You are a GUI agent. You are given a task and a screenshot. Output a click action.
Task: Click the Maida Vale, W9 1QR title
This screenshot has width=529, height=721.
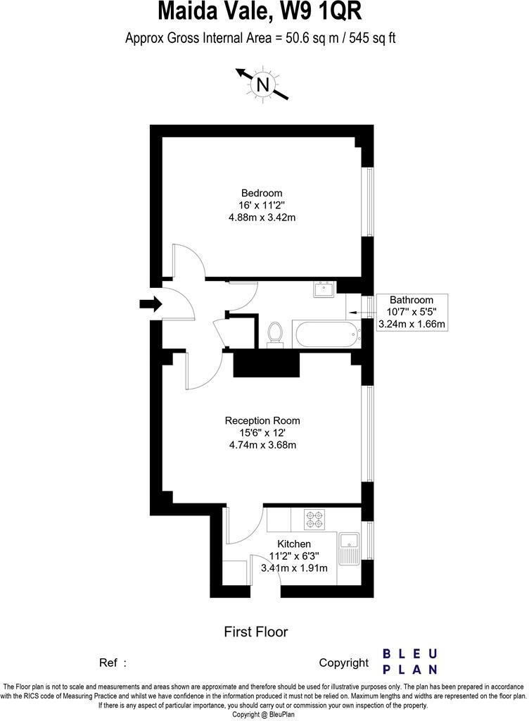coord(261,12)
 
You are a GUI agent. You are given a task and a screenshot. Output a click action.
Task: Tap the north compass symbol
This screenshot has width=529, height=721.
coord(263,84)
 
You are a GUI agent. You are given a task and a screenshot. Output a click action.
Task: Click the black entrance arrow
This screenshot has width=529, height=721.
coord(150,304)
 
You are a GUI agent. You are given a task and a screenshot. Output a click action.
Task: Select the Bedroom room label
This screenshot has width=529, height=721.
coord(262,193)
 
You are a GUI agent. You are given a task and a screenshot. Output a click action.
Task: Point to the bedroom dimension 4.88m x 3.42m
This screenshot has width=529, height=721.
coord(262,217)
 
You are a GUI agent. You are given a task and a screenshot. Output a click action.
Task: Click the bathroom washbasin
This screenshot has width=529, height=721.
coord(324,289)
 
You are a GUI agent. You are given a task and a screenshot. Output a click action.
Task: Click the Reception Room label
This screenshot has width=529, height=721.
coord(261,420)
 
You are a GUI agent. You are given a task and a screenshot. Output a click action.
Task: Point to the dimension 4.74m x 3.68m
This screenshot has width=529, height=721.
coord(261,444)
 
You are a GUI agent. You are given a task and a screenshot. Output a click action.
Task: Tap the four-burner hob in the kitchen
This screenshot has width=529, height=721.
coord(314,520)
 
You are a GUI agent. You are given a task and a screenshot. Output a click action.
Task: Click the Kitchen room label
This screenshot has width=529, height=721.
coord(294,544)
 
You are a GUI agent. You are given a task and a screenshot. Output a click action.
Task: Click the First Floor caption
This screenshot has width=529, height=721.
coord(255,632)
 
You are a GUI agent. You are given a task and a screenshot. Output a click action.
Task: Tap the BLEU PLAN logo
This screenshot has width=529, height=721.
coord(410,661)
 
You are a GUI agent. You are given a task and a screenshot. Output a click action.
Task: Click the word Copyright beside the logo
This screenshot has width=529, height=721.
coord(343,663)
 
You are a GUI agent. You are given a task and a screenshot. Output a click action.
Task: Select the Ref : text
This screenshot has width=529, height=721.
coord(113,663)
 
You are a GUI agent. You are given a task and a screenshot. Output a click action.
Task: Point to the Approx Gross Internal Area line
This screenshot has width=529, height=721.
coord(260,38)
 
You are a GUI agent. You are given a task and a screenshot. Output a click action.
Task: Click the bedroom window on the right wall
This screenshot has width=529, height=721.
coord(366,201)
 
